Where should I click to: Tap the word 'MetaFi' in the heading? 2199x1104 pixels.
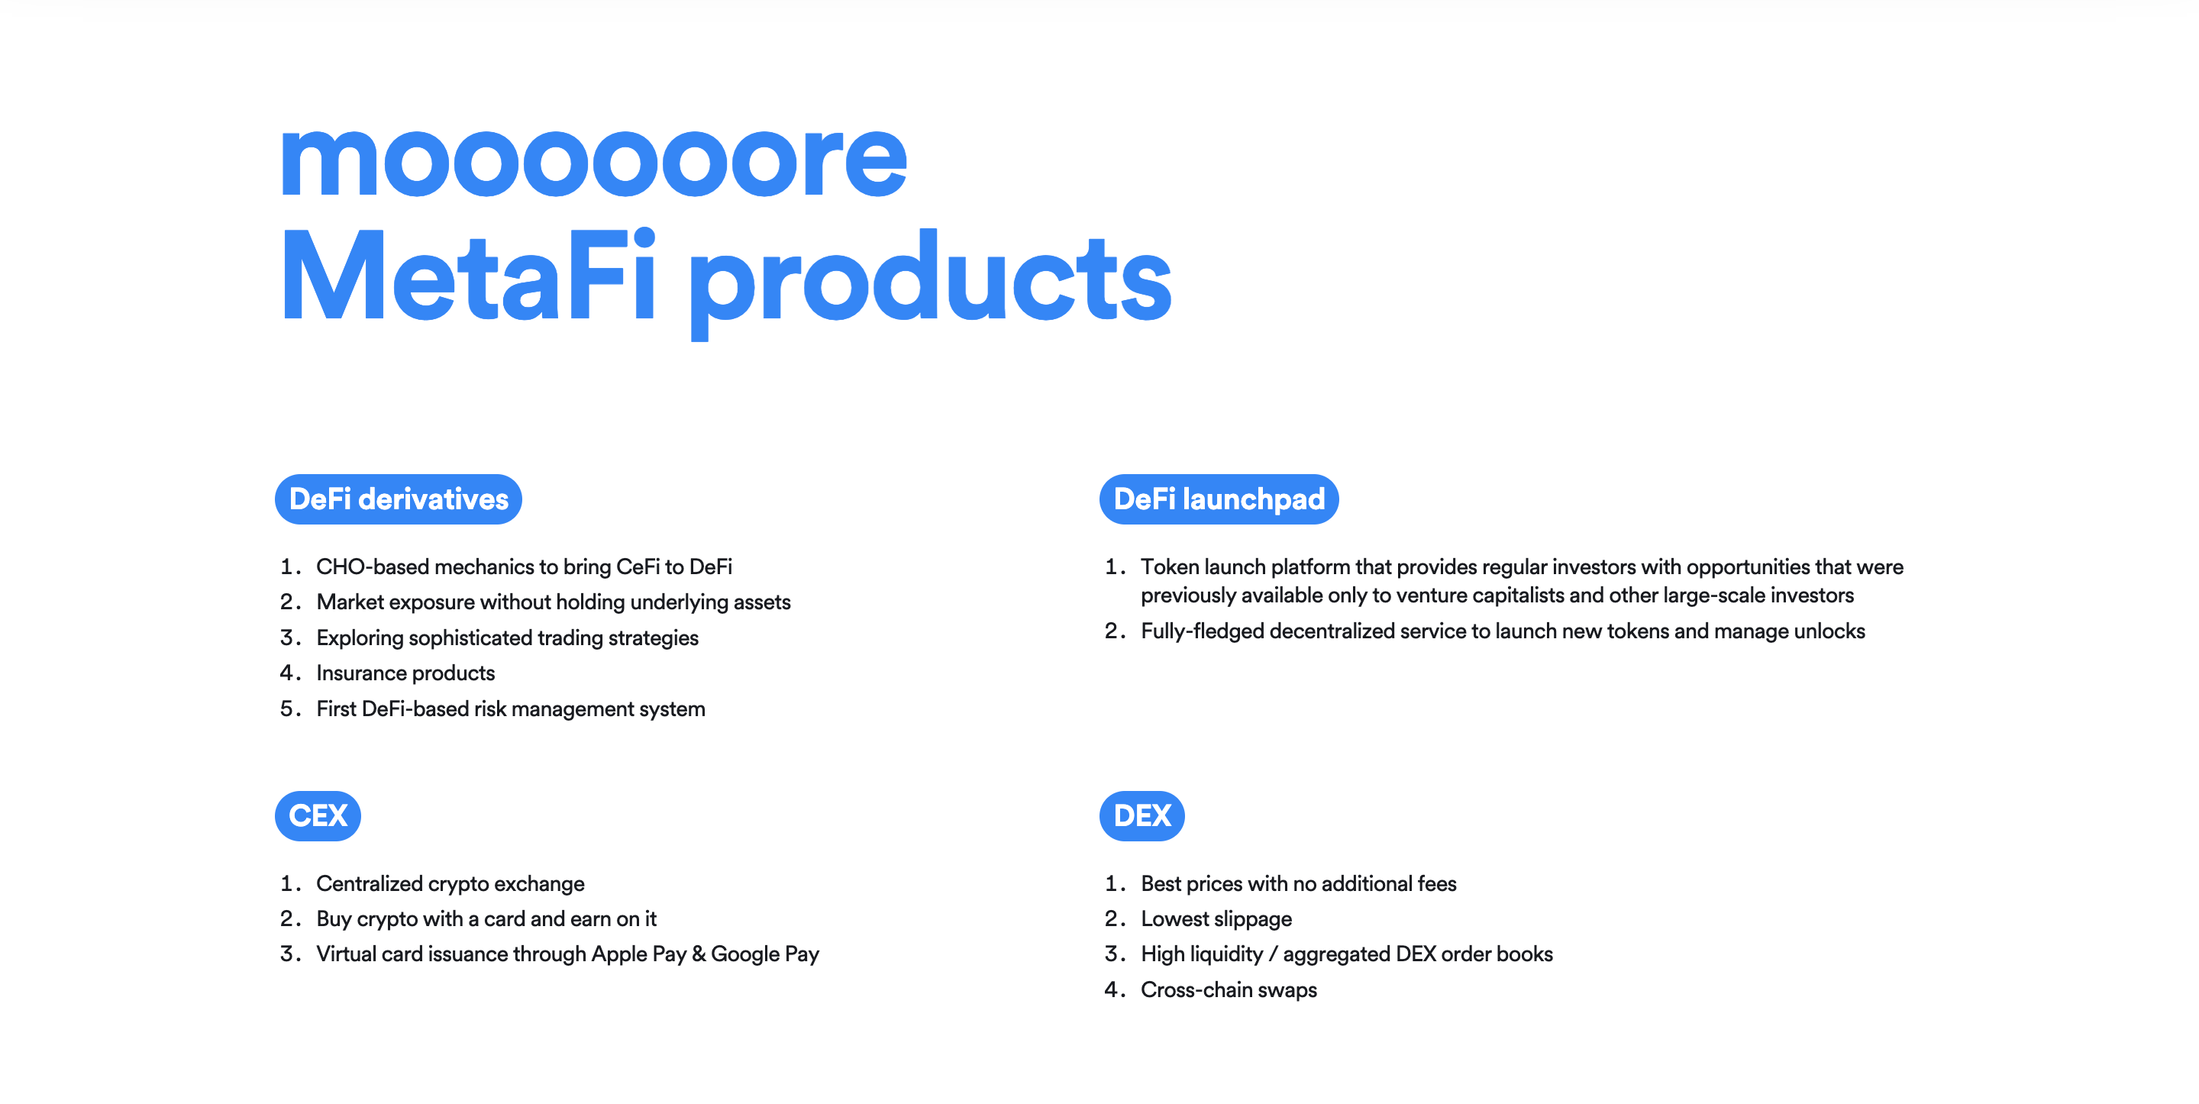click(468, 277)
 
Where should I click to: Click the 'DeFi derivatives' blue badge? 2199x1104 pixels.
click(398, 499)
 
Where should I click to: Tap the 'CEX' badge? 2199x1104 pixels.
click(318, 815)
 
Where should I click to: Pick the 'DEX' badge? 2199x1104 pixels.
click(1141, 815)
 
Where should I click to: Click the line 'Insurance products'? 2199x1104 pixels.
click(405, 673)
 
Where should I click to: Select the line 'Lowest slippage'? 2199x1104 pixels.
click(1216, 918)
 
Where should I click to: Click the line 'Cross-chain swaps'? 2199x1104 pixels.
click(1229, 989)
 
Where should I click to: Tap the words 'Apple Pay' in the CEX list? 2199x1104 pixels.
click(638, 954)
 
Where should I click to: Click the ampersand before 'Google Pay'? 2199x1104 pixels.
click(699, 954)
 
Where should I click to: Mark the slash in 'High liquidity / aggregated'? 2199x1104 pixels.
click(1273, 954)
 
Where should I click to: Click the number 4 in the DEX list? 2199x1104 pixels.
click(1112, 989)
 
